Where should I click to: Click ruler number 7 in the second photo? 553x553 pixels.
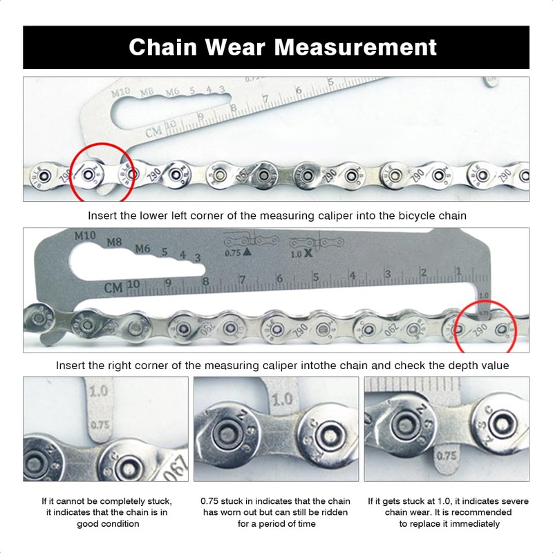point(242,279)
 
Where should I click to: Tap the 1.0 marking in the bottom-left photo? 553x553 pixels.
point(98,391)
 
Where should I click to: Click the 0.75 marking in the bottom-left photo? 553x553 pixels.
point(100,425)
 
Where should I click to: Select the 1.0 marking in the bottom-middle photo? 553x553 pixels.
point(282,400)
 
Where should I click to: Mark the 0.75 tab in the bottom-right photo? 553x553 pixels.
point(447,456)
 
